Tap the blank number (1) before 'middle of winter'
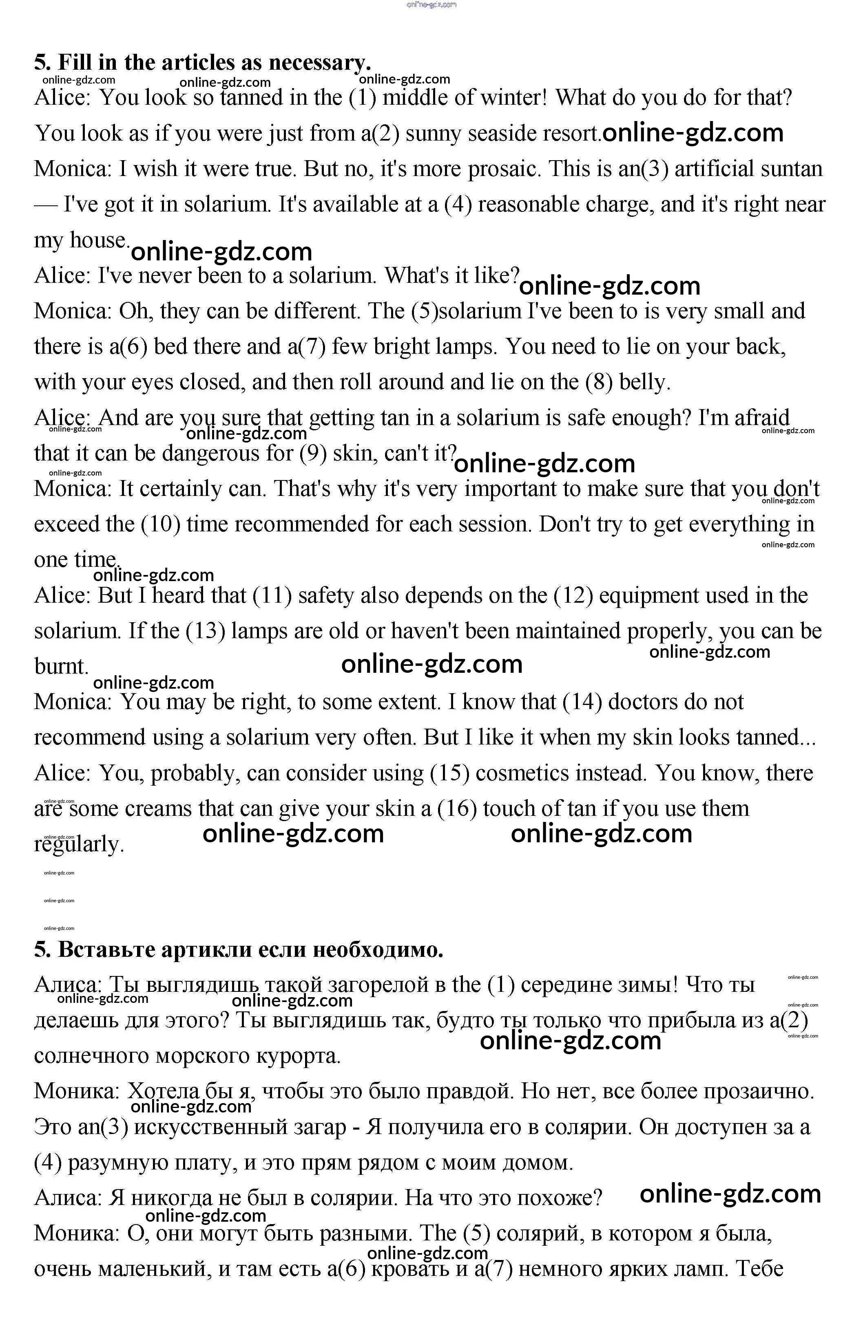click(x=363, y=97)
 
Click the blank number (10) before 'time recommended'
click(x=161, y=524)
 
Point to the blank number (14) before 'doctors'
click(x=582, y=702)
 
